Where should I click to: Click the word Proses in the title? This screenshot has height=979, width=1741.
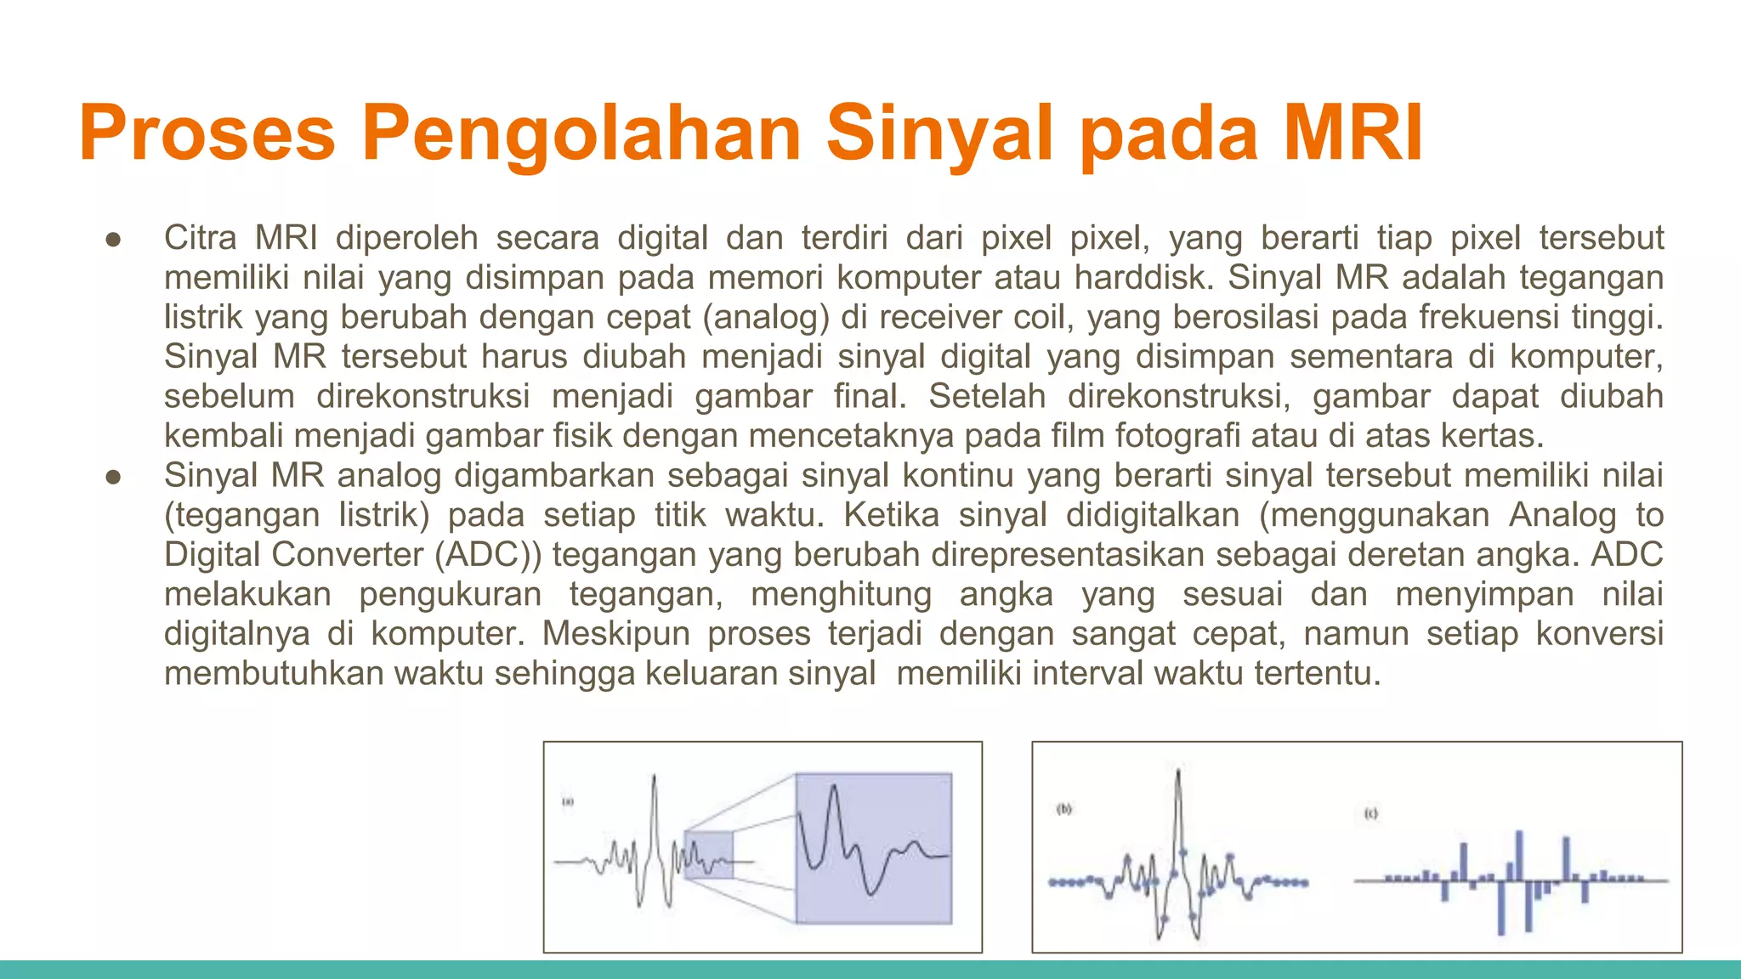click(207, 133)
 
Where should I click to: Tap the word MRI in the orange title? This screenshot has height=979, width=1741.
click(1353, 133)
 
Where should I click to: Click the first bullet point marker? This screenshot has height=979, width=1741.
click(114, 239)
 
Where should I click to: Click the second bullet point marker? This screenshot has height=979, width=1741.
click(114, 477)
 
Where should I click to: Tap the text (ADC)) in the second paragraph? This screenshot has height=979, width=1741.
click(487, 555)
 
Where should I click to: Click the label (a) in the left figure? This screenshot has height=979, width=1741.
click(568, 801)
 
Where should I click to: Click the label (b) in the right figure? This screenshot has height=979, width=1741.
click(1064, 809)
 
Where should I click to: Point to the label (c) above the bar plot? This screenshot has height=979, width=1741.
click(1370, 813)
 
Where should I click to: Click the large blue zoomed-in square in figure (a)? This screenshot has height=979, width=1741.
click(873, 847)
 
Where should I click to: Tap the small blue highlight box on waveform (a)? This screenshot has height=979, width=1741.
click(708, 855)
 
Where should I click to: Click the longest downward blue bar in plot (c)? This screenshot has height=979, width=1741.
click(1500, 909)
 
